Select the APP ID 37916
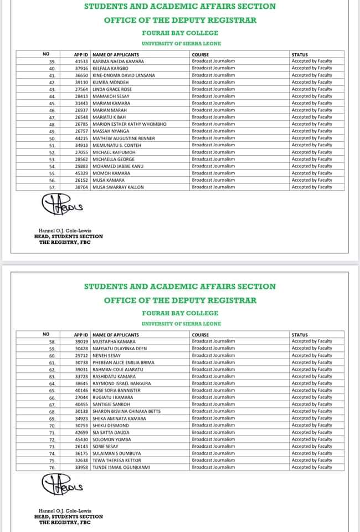[81, 68]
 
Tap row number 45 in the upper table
[52, 103]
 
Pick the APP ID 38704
[81, 187]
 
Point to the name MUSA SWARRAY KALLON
[118, 187]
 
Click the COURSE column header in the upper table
[200, 54]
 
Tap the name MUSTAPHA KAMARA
[115, 341]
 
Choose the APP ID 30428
[81, 349]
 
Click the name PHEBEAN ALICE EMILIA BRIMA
[124, 362]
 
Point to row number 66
[52, 397]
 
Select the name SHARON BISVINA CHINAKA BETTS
[127, 411]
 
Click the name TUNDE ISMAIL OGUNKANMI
[121, 467]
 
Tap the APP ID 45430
[81, 439]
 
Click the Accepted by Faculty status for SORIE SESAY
[312, 446]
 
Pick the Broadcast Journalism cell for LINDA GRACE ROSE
[213, 89]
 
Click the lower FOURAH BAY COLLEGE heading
[181, 313]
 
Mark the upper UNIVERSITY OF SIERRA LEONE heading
[181, 43]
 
